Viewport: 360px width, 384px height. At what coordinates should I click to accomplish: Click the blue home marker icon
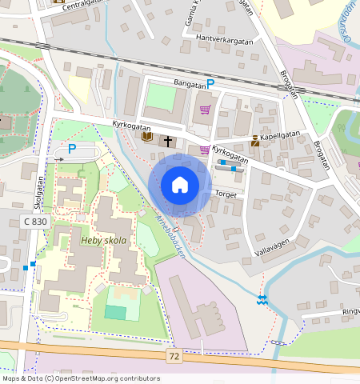(x=180, y=185)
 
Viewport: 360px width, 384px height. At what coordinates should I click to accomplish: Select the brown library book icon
(x=146, y=138)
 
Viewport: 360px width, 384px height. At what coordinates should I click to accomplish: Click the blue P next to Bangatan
(x=211, y=83)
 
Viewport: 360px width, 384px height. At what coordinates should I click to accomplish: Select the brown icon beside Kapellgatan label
(x=254, y=141)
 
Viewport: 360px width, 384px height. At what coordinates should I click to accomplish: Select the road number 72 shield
(x=174, y=354)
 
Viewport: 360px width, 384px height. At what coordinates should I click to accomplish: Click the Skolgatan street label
(x=38, y=193)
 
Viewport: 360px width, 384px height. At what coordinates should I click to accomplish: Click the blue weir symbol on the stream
(x=262, y=299)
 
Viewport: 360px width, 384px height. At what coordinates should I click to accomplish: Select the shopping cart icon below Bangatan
(x=206, y=110)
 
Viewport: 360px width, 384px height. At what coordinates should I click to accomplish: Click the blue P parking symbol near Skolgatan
(x=71, y=148)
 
